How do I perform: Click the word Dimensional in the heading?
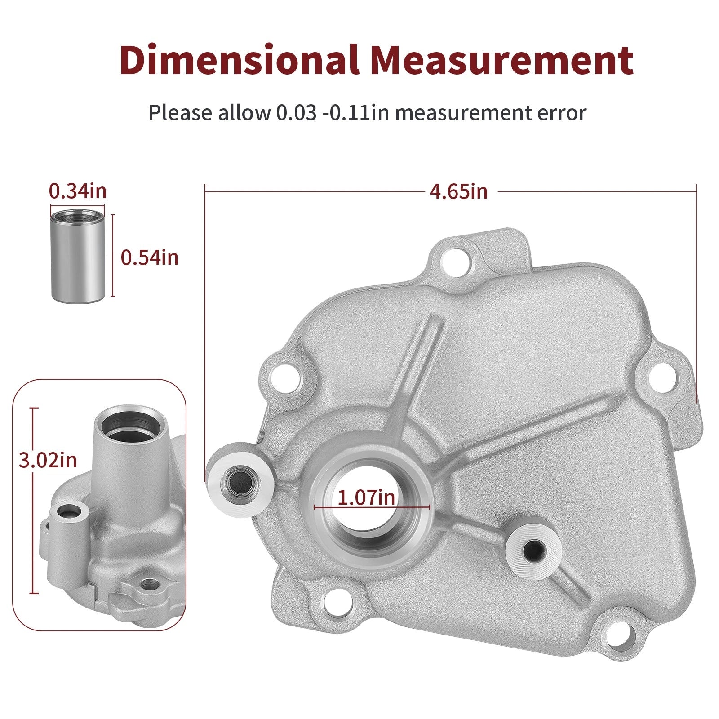pos(240,60)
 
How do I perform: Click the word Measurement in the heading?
pos(503,60)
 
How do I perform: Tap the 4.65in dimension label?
pos(458,191)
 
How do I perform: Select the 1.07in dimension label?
pos(366,497)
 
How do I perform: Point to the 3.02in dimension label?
pos(48,460)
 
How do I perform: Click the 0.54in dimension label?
pos(150,257)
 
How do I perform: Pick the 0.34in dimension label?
pos(78,191)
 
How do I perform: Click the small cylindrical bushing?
pos(77,256)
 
